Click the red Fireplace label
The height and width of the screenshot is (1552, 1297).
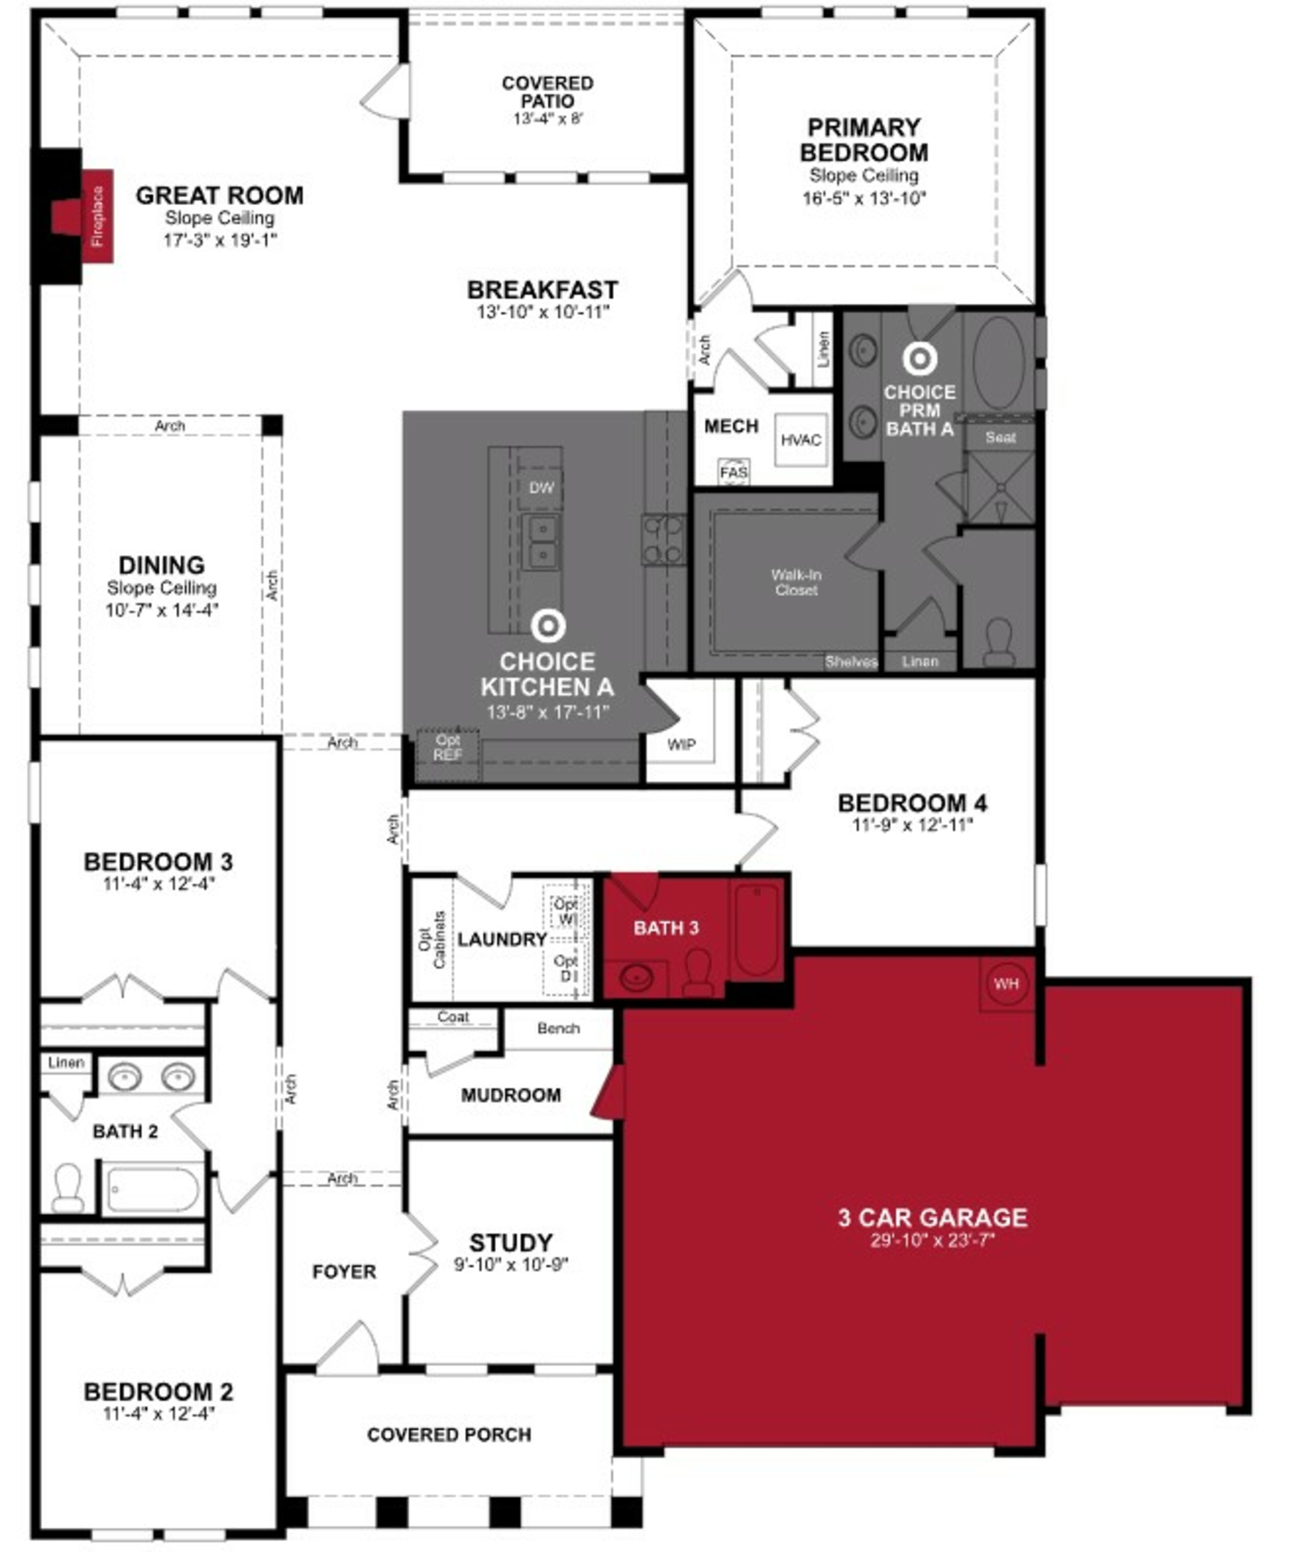click(x=97, y=216)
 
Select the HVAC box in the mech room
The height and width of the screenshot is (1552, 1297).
click(x=800, y=440)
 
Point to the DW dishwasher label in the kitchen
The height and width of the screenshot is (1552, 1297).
click(x=541, y=488)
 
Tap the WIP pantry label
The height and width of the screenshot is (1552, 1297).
click(x=681, y=744)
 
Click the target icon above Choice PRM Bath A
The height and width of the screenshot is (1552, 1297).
click(x=919, y=359)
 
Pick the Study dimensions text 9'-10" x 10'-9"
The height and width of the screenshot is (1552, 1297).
click(x=511, y=1265)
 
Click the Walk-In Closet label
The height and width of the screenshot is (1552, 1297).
click(x=796, y=581)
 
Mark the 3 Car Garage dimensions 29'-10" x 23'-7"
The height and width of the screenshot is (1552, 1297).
click(x=932, y=1239)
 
